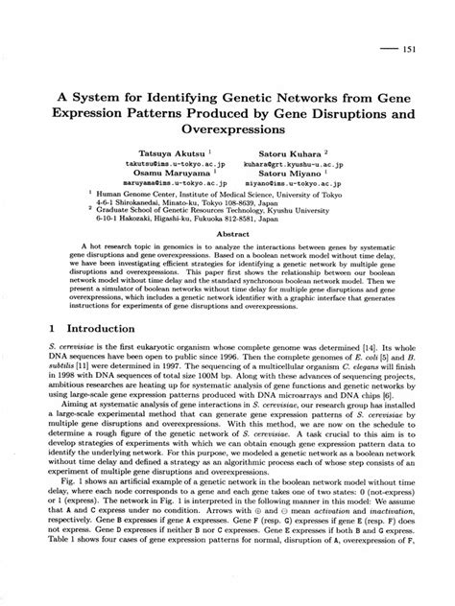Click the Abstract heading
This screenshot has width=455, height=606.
pyautogui.click(x=227, y=233)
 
